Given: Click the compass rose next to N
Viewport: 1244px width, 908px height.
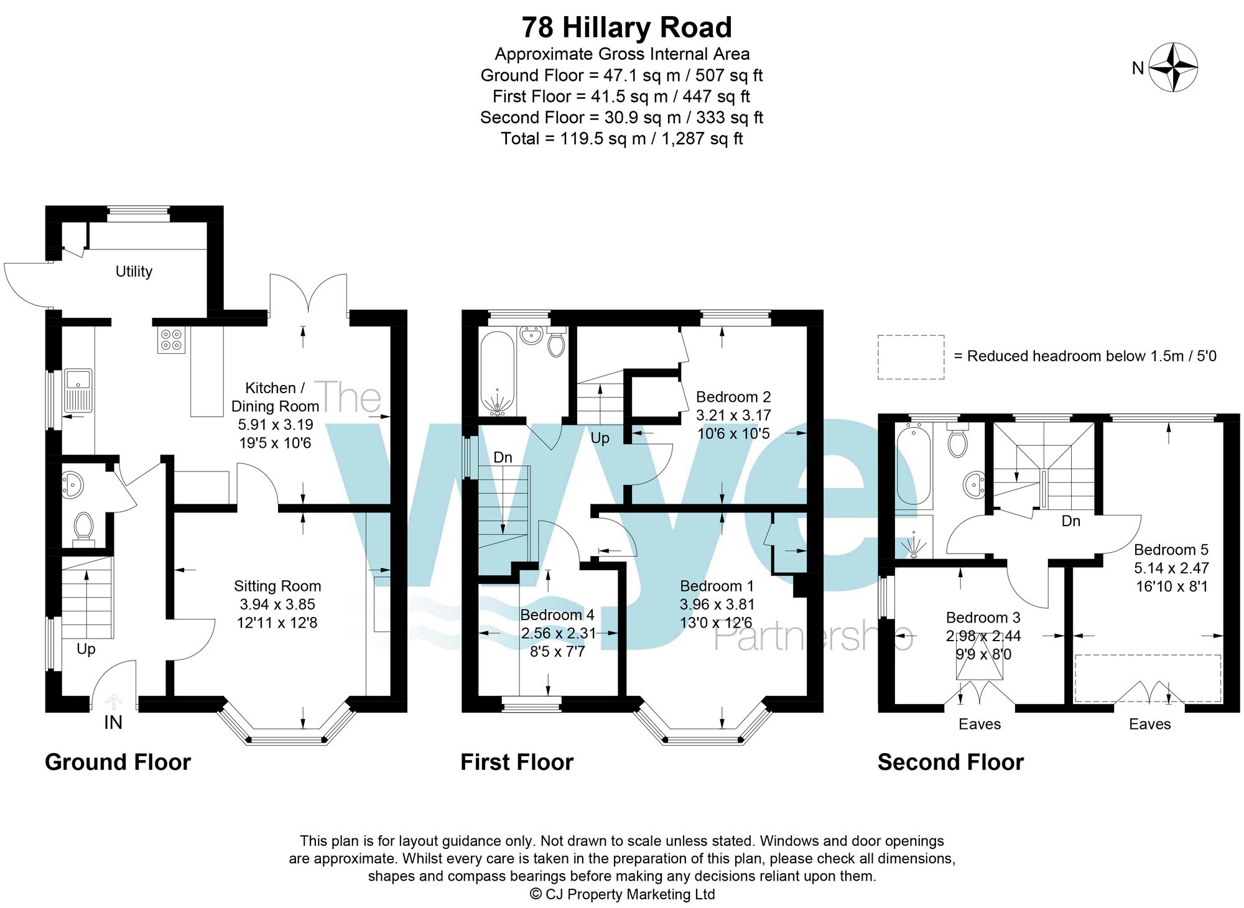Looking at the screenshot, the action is click(1173, 67).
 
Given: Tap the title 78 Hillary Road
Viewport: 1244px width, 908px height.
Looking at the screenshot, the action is click(626, 27).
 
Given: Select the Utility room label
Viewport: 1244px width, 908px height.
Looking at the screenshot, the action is click(134, 271).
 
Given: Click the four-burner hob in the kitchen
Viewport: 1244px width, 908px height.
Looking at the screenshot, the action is click(172, 340).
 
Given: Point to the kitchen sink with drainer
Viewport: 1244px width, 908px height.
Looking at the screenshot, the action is click(78, 391).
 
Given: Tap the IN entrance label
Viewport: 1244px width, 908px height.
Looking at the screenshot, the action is click(113, 722).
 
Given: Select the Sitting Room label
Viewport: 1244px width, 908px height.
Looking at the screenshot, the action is click(277, 586).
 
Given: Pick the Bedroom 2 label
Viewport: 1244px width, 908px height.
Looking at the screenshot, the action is click(733, 397).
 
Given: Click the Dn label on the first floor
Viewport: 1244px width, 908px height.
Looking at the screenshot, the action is click(503, 457).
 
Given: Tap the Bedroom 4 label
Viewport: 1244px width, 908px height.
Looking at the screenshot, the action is click(557, 615).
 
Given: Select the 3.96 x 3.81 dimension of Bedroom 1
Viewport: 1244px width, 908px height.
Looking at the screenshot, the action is click(717, 605).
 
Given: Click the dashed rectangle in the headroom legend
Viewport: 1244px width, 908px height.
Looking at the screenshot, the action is click(911, 357).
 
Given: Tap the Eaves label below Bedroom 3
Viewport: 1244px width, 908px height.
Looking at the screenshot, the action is click(980, 724).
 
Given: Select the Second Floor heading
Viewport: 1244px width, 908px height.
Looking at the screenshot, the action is click(950, 762).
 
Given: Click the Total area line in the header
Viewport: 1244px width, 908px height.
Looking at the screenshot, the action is click(622, 139).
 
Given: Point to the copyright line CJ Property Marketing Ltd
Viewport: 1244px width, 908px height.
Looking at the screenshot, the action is click(622, 894).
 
